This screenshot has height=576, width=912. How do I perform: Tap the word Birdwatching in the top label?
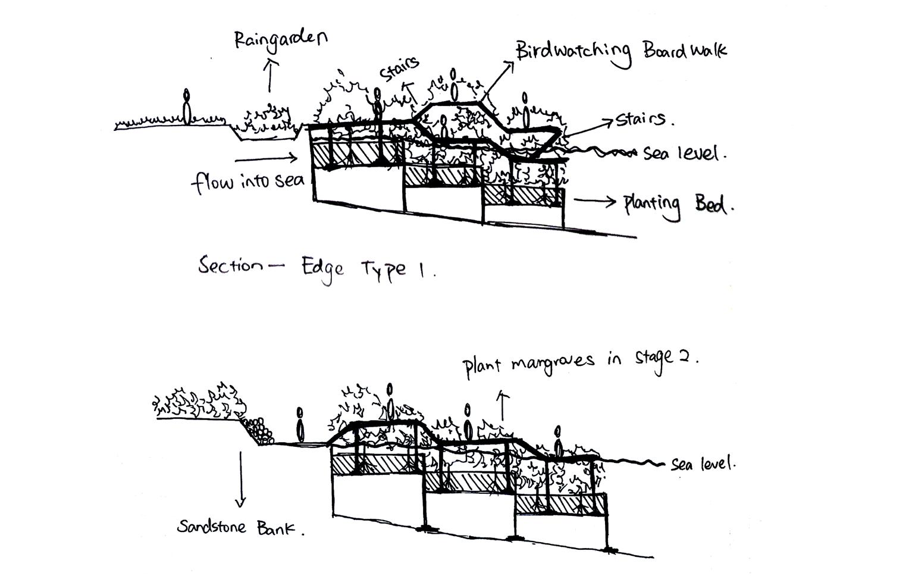click(572, 52)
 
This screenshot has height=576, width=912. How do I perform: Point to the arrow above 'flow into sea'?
click(266, 158)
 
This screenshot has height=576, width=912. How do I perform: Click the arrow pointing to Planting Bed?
click(594, 201)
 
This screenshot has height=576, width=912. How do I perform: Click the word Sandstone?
click(212, 527)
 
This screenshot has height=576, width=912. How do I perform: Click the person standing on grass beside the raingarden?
click(187, 108)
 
